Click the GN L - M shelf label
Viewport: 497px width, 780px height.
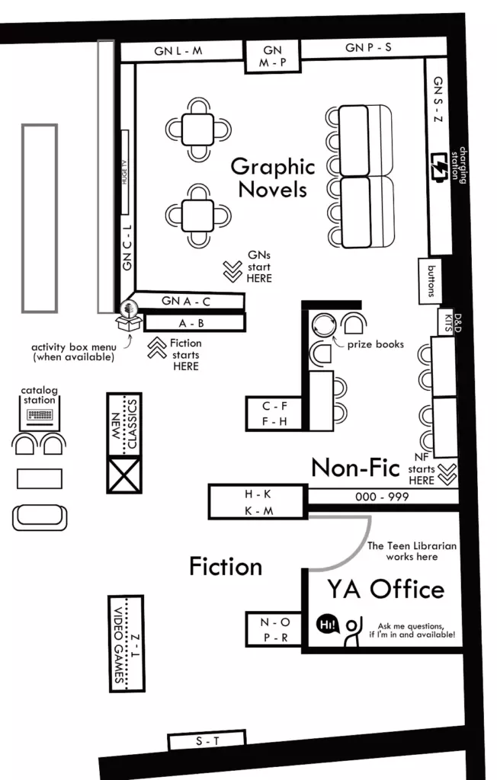pyautogui.click(x=178, y=51)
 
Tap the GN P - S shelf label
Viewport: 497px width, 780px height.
pyautogui.click(x=368, y=48)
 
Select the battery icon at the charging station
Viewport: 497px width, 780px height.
pyautogui.click(x=441, y=166)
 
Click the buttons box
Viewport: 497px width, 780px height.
pyautogui.click(x=431, y=281)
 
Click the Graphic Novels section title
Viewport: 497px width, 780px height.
pyautogui.click(x=272, y=177)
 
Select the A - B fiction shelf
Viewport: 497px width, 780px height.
pyautogui.click(x=191, y=323)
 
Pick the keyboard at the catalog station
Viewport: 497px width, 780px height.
pyautogui.click(x=39, y=416)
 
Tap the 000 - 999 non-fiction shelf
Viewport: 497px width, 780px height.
pyautogui.click(x=382, y=497)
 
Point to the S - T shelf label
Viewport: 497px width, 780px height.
pyautogui.click(x=206, y=740)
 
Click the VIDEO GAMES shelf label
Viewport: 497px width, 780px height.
pyautogui.click(x=119, y=644)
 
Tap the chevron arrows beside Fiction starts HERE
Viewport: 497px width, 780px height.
pyautogui.click(x=157, y=349)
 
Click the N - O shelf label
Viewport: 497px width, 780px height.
pyautogui.click(x=275, y=622)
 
